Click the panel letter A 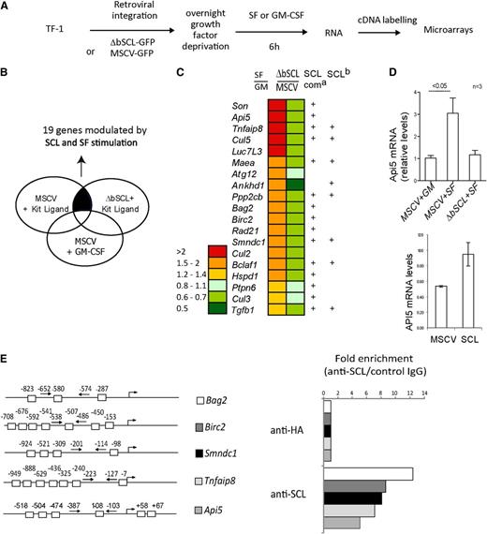(x=8, y=8)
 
